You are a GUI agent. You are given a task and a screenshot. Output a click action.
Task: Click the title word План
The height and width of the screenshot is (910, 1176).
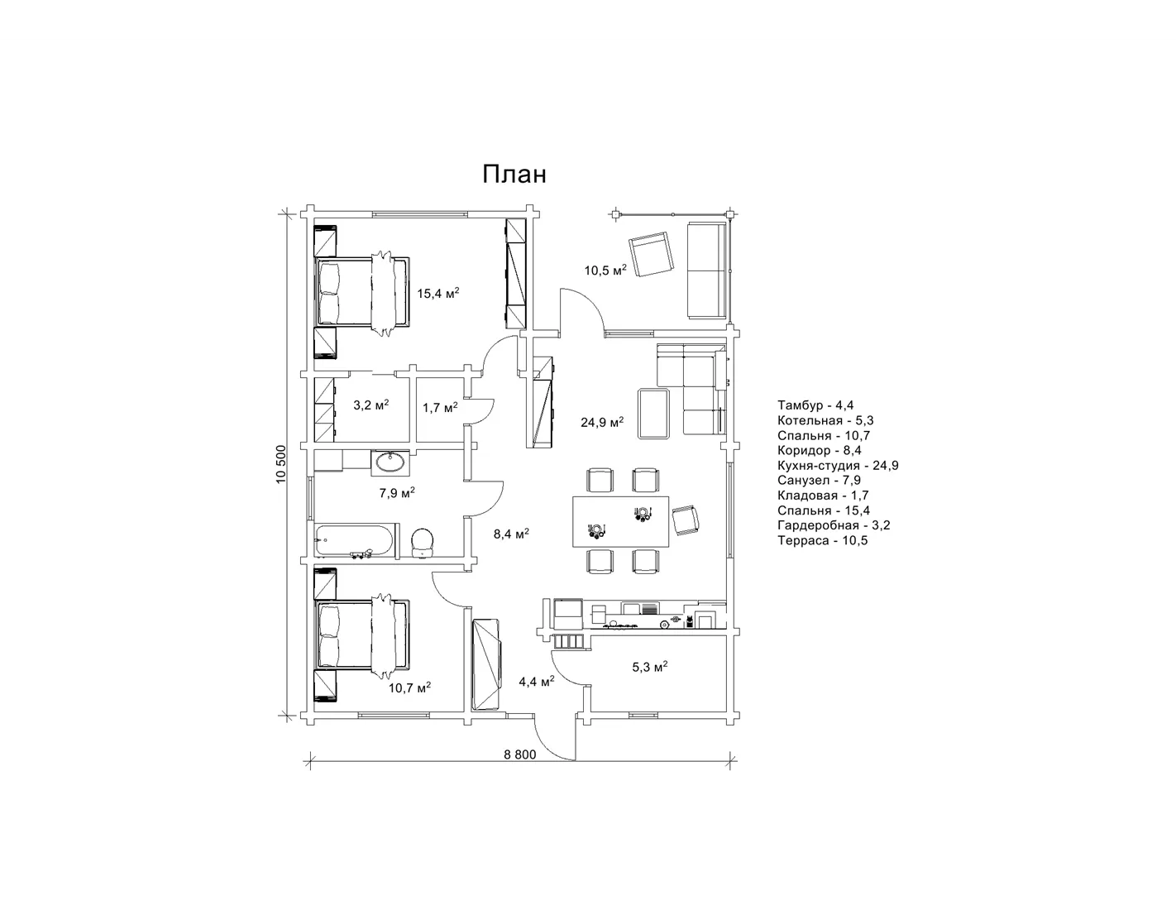pyautogui.click(x=514, y=175)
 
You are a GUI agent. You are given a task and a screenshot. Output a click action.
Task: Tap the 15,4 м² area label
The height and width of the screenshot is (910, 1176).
pyautogui.click(x=437, y=293)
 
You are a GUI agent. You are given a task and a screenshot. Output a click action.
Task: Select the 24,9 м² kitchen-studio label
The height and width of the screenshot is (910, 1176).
pyautogui.click(x=602, y=422)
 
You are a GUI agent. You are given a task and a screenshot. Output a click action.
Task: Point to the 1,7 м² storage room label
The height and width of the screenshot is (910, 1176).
pyautogui.click(x=440, y=407)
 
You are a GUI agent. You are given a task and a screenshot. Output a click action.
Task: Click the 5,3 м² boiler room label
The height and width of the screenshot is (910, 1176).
pyautogui.click(x=649, y=667)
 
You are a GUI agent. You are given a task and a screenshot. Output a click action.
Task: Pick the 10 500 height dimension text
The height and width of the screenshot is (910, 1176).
pyautogui.click(x=280, y=464)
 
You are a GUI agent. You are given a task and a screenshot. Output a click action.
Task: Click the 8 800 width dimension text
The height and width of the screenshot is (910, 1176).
pyautogui.click(x=519, y=754)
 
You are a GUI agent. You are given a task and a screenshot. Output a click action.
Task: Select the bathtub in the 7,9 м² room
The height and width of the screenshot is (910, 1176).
pyautogui.click(x=356, y=539)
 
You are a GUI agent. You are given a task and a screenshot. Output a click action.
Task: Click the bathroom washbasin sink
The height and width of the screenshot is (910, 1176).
pyautogui.click(x=390, y=462)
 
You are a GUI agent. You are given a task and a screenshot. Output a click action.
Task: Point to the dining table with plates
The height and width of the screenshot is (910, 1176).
pyautogui.click(x=620, y=521)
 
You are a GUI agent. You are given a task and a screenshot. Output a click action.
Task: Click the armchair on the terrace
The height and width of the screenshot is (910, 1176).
pyautogui.click(x=651, y=254)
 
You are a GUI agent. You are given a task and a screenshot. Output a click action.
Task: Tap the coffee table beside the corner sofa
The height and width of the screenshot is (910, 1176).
pyautogui.click(x=654, y=413)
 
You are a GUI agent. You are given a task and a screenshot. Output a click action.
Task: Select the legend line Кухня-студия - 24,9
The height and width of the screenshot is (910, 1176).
pyautogui.click(x=838, y=466)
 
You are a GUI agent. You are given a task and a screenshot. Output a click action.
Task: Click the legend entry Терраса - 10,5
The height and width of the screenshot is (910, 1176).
pyautogui.click(x=822, y=540)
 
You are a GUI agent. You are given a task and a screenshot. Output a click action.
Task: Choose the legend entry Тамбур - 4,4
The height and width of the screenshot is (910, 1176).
pyautogui.click(x=815, y=405)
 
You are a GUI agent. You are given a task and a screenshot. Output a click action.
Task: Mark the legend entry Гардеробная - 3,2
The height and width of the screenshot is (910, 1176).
pyautogui.click(x=834, y=525)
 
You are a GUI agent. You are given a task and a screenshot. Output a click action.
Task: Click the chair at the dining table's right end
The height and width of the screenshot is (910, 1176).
pyautogui.click(x=686, y=519)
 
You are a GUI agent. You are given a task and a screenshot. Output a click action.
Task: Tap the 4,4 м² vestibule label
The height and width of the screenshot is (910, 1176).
pyautogui.click(x=537, y=681)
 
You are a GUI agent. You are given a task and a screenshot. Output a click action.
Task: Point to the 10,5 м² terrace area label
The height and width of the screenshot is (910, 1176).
pyautogui.click(x=605, y=270)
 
